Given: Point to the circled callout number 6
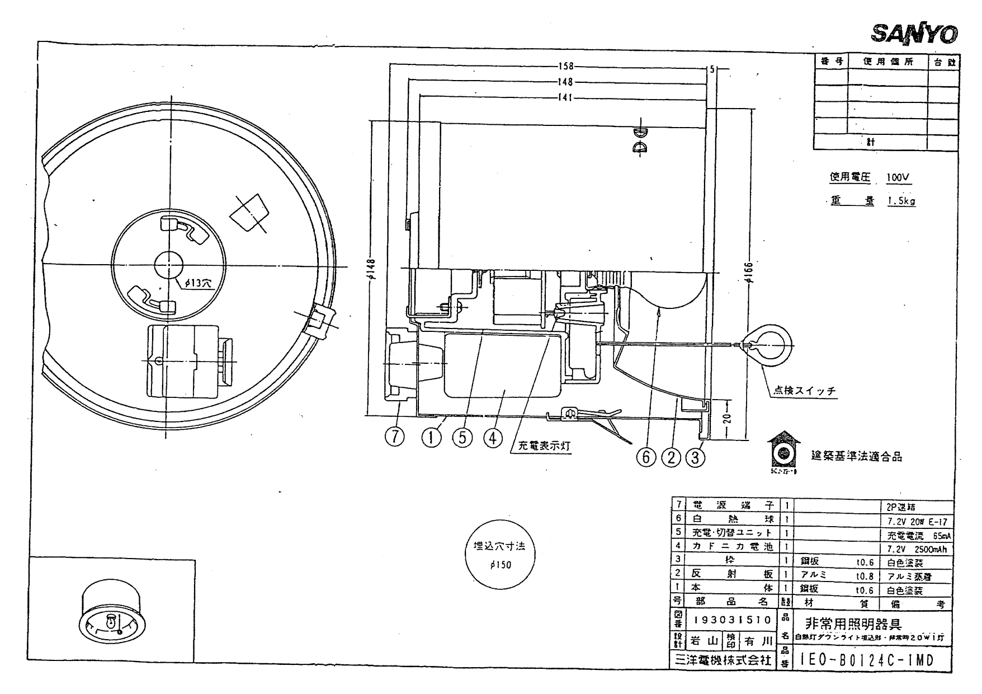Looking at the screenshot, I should [646, 457].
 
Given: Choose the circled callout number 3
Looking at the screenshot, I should [695, 457].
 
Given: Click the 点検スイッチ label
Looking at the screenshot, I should [805, 391].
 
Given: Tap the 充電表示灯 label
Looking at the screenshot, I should [544, 446].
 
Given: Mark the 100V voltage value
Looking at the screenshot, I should [898, 178].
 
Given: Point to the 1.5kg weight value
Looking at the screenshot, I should [901, 201].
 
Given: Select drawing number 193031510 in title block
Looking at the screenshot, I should [732, 620].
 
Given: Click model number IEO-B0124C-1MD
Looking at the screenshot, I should [867, 660].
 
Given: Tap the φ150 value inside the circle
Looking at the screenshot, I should [500, 565].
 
